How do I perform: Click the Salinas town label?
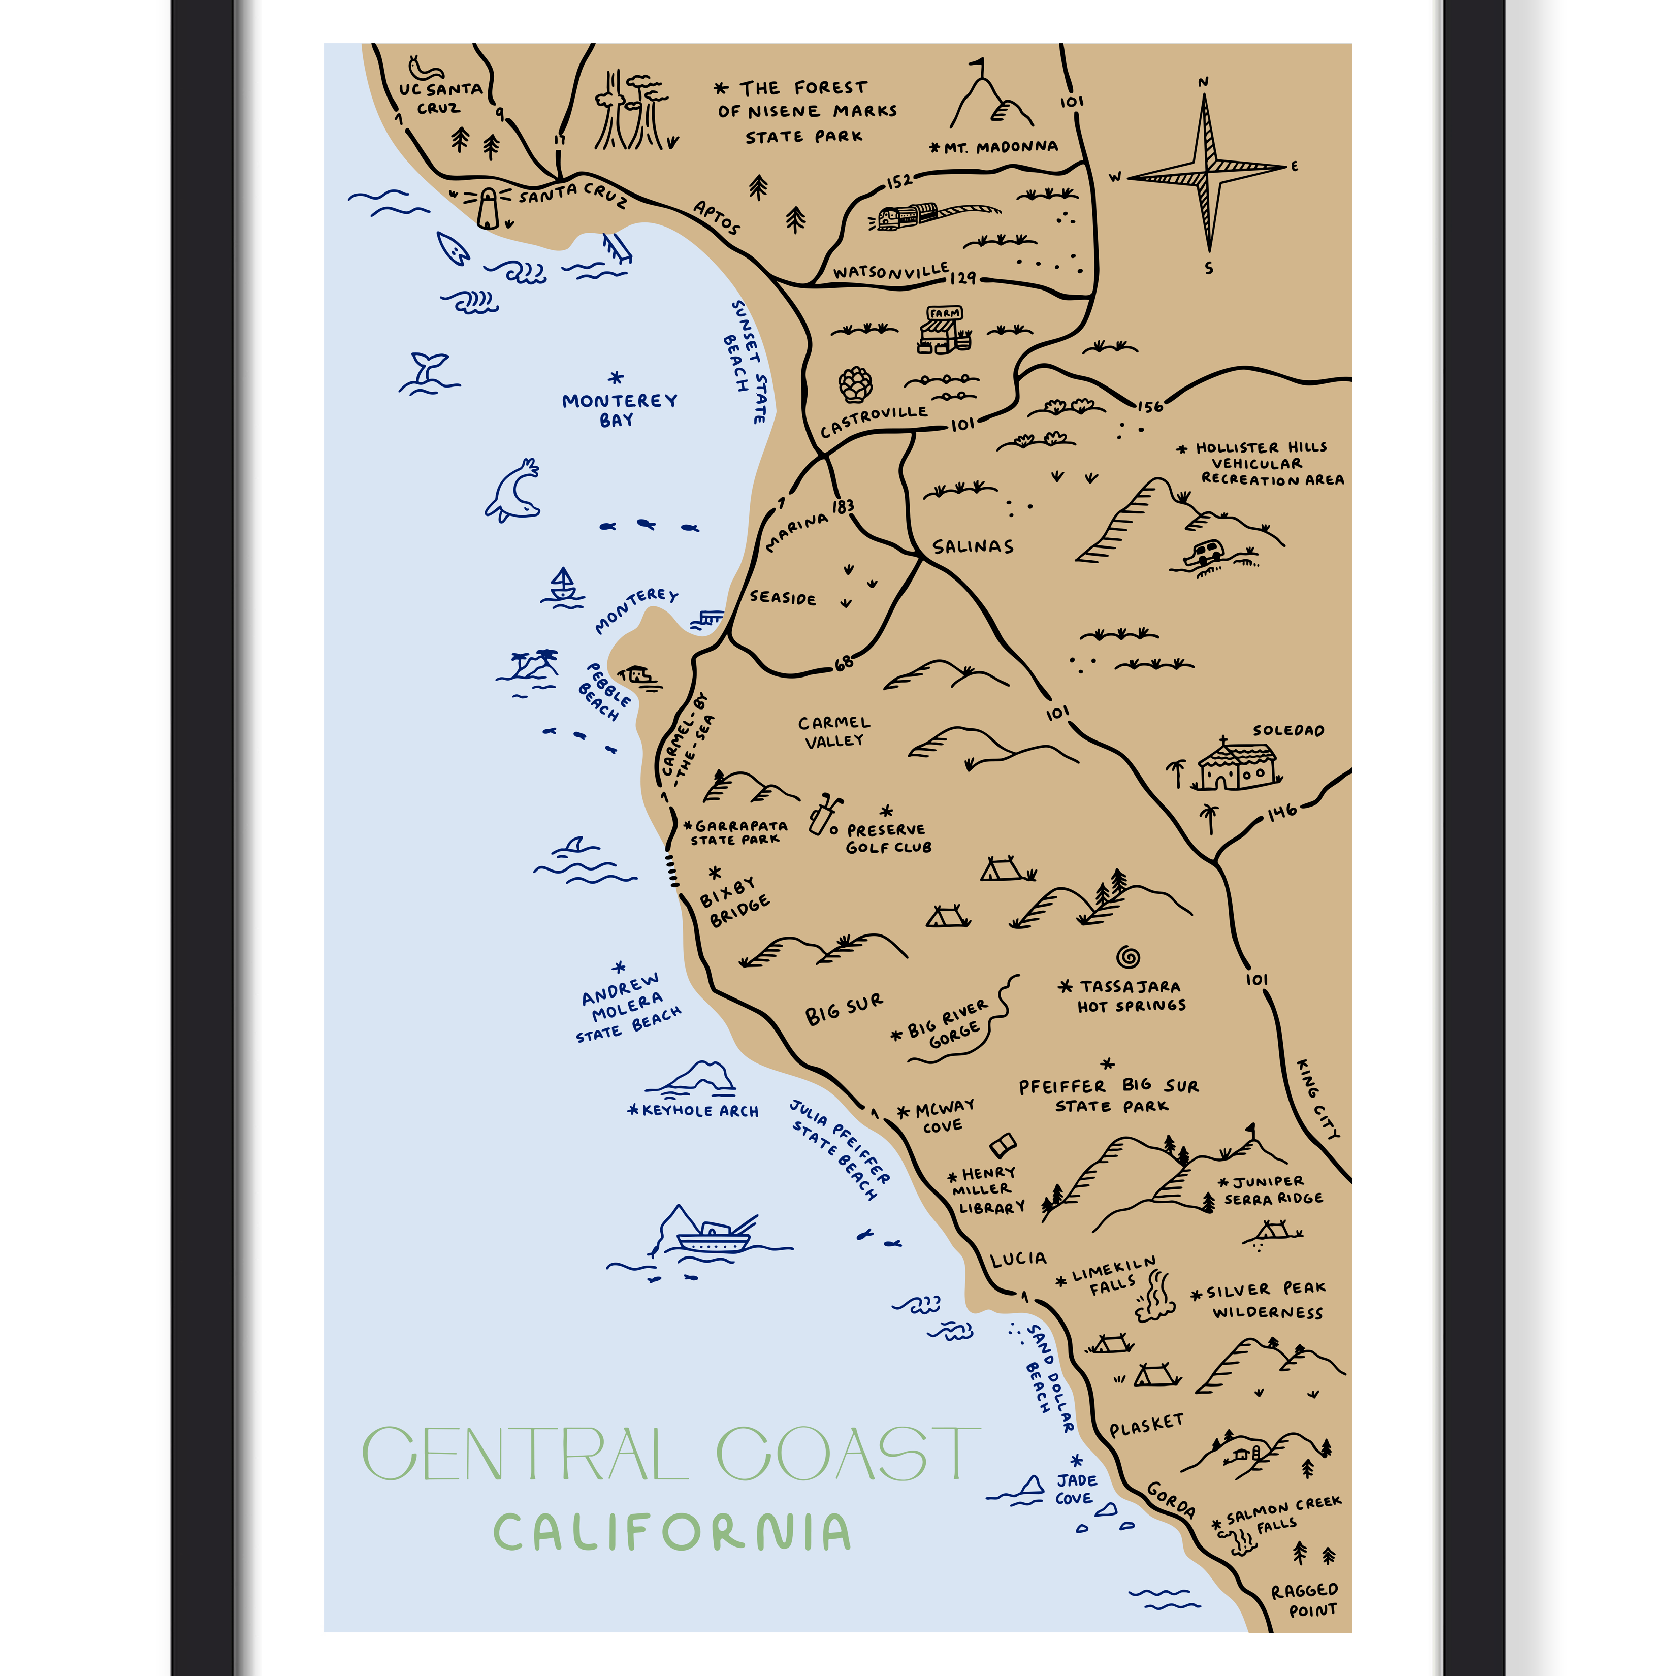[x=973, y=546]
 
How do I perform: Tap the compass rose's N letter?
[x=1203, y=82]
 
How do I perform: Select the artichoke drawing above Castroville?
[x=855, y=384]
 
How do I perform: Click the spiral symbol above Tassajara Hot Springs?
[x=1127, y=957]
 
